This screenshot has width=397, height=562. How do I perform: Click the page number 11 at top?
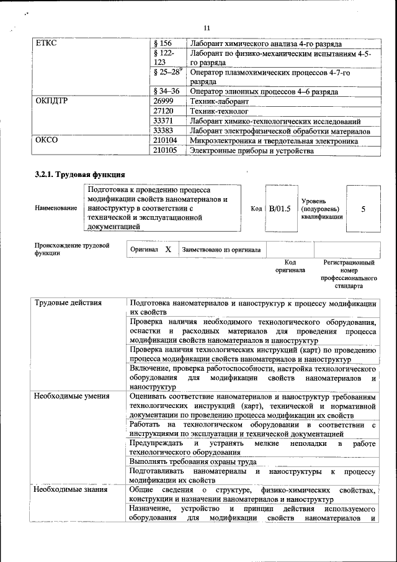207,27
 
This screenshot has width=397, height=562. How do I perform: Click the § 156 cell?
163,43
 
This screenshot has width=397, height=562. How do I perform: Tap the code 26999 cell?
163,101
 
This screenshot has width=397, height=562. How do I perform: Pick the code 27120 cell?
163,111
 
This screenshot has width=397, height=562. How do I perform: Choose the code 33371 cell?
163,121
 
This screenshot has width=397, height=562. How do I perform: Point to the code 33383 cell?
163,131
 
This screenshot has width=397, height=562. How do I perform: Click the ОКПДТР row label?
51,101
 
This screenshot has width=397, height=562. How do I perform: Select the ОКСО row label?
47,141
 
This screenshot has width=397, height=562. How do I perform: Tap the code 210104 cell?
165,141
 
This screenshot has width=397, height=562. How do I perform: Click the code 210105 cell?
165,151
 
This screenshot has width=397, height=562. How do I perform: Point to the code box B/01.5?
280,209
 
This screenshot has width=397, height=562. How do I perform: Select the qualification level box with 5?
363,209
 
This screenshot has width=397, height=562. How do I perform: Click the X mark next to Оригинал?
168,249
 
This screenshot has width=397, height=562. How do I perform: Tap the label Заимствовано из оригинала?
221,250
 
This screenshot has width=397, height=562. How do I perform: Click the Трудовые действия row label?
68,303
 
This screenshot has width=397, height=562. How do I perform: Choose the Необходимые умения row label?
72,395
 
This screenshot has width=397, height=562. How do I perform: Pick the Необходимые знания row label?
71,489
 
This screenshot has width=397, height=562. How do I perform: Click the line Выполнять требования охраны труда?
194,461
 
